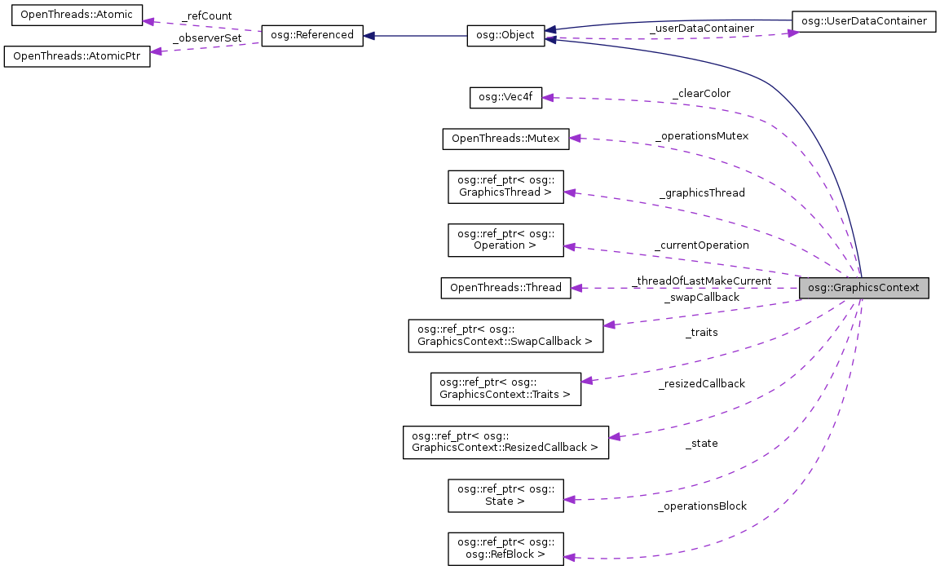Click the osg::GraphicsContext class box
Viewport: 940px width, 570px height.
[x=863, y=288]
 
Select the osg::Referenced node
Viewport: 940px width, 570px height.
[x=311, y=36]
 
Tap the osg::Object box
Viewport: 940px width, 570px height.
[x=505, y=36]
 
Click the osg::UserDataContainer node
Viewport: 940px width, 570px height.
[x=863, y=21]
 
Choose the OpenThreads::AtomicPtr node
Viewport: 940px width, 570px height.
[x=77, y=57]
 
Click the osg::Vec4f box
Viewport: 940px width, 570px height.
[x=505, y=97]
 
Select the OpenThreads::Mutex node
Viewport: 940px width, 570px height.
[x=505, y=139]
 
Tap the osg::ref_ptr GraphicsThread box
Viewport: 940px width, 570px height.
[x=505, y=187]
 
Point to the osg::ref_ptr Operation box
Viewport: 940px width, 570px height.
[x=505, y=238]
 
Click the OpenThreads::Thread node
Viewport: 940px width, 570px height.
[x=505, y=288]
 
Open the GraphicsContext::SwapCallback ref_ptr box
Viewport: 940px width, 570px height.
[x=505, y=335]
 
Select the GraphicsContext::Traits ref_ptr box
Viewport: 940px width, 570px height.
[x=505, y=388]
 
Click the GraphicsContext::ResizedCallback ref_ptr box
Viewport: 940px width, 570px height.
[x=505, y=441]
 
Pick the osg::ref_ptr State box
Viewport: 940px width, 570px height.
[x=505, y=495]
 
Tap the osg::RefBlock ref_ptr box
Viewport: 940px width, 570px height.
[x=505, y=548]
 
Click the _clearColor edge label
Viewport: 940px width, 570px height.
[x=701, y=94]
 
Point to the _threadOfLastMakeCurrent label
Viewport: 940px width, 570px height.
[x=702, y=281]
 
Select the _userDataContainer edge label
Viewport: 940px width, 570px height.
[x=701, y=29]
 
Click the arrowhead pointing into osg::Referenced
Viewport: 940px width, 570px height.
[x=369, y=36]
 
